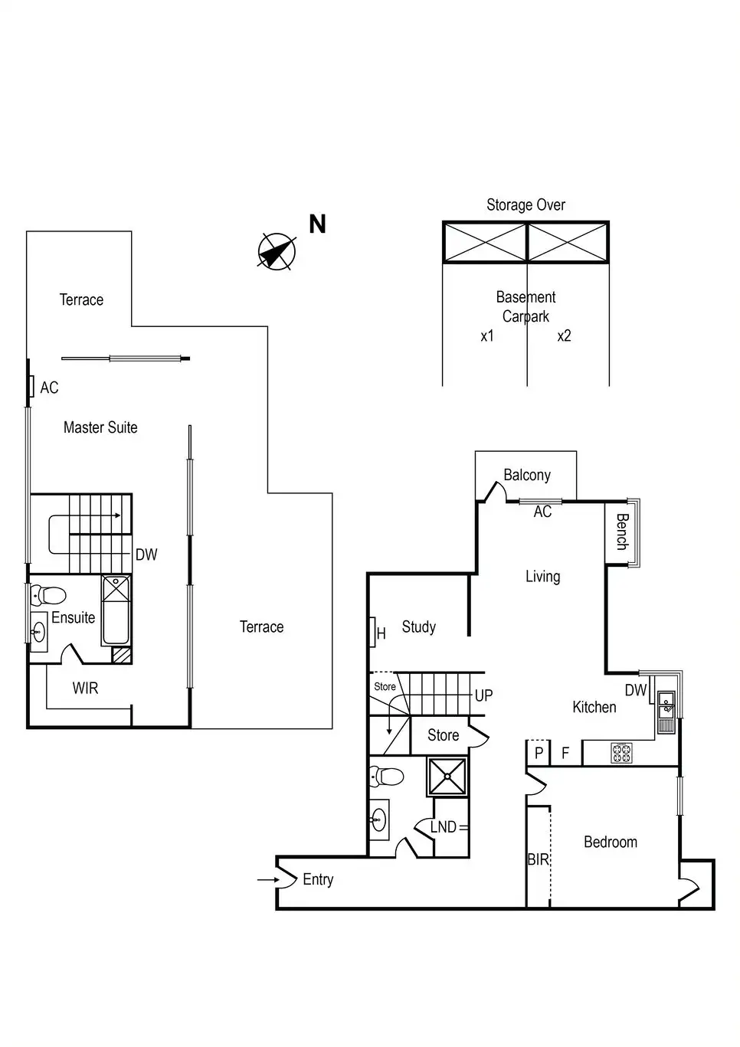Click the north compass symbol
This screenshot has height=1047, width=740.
click(x=277, y=251)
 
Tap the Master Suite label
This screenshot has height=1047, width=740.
click(x=100, y=427)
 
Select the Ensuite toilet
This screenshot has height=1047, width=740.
click(x=48, y=595)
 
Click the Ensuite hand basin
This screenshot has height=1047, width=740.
click(x=39, y=633)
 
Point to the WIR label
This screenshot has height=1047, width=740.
click(x=85, y=688)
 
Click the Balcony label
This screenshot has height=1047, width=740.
click(x=527, y=475)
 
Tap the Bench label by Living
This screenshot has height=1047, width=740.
click(x=622, y=532)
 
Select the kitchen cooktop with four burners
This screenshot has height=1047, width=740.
click(x=622, y=753)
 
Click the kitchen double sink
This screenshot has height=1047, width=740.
click(x=666, y=712)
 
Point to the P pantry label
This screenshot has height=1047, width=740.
click(x=539, y=753)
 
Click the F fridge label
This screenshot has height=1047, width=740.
click(x=565, y=753)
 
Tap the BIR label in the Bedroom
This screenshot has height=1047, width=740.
click(x=538, y=859)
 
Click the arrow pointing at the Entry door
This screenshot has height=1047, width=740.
click(x=268, y=880)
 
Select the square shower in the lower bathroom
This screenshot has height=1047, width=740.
click(x=447, y=777)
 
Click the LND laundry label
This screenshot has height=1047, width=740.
click(x=444, y=827)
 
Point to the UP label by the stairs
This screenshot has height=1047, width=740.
click(x=484, y=695)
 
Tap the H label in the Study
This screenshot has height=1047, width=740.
click(x=381, y=634)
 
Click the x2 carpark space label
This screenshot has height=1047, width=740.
click(x=565, y=336)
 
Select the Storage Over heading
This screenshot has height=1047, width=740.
click(x=526, y=204)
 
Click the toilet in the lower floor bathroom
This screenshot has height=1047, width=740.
click(x=387, y=777)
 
